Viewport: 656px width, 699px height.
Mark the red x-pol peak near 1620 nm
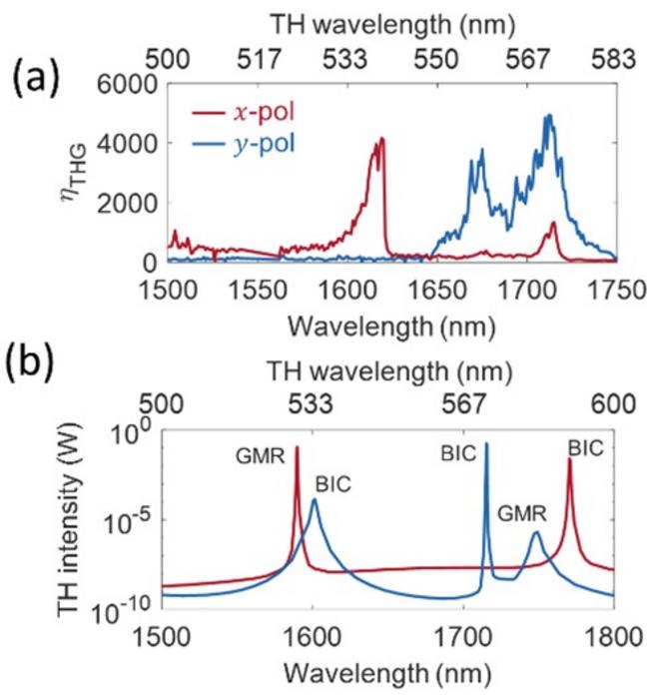(x=380, y=141)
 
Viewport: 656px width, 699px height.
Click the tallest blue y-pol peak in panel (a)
(x=548, y=116)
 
